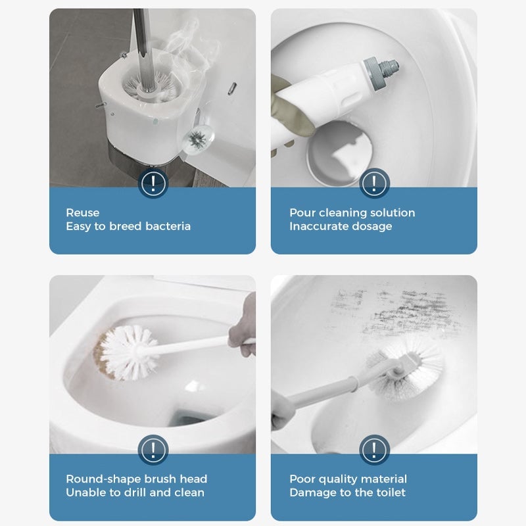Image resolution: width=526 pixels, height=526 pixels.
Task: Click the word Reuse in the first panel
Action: pos(83,212)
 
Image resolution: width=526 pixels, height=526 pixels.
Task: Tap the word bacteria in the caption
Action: pos(168,226)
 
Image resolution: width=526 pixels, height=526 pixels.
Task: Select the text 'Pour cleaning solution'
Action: pos(352,212)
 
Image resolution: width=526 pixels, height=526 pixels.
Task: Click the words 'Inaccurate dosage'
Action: pos(341,226)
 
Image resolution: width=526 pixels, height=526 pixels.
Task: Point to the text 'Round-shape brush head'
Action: pos(136,479)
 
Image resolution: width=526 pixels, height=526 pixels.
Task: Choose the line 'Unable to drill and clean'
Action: pos(135,492)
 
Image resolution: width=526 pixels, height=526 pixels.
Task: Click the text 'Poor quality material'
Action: pos(348,479)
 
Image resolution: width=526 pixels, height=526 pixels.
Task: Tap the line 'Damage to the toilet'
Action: pos(347,492)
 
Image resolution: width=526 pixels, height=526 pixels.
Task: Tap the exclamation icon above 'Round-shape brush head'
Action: pos(153,450)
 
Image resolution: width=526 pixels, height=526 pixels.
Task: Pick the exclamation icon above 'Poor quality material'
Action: pos(374,450)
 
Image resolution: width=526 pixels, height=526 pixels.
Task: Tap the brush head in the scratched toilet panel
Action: pos(408,365)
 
